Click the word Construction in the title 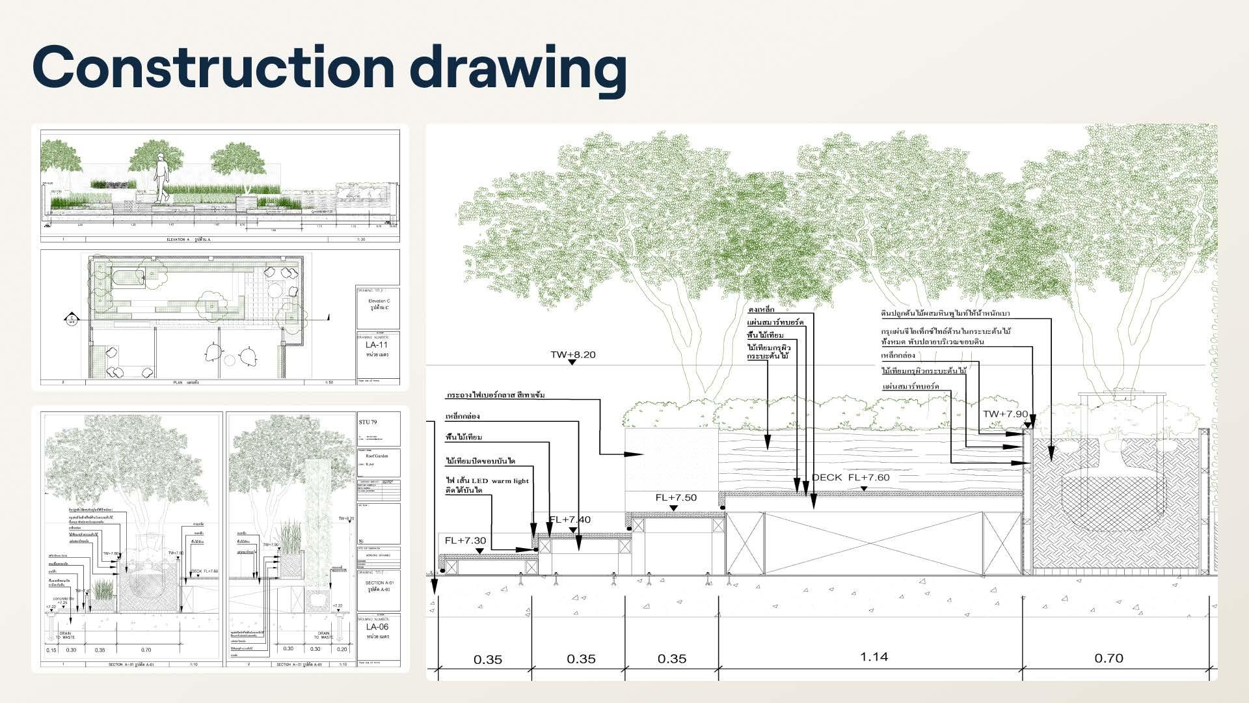(213, 66)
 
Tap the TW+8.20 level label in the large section (572, 355)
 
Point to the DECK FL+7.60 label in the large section (850, 477)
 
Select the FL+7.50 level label (675, 497)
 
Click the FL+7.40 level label (570, 519)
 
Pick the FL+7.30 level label (465, 541)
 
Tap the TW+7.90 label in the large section (1005, 414)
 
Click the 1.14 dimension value (874, 657)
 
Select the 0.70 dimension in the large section (1108, 658)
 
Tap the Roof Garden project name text (375, 456)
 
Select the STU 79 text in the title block (368, 422)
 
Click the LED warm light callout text (487, 481)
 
